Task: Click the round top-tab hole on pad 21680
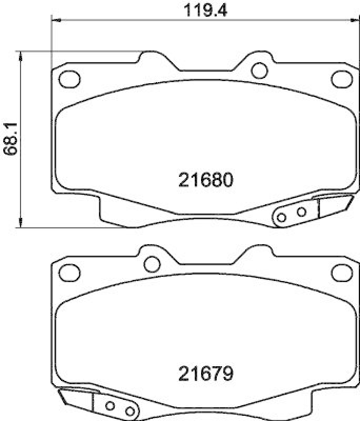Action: [258, 70]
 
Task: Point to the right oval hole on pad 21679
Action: [341, 272]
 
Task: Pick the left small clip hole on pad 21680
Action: [282, 217]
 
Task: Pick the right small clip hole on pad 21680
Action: [302, 212]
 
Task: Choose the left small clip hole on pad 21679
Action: [111, 406]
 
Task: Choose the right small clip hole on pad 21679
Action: [129, 411]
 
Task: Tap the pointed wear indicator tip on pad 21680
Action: [351, 199]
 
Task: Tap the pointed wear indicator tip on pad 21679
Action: [59, 393]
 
